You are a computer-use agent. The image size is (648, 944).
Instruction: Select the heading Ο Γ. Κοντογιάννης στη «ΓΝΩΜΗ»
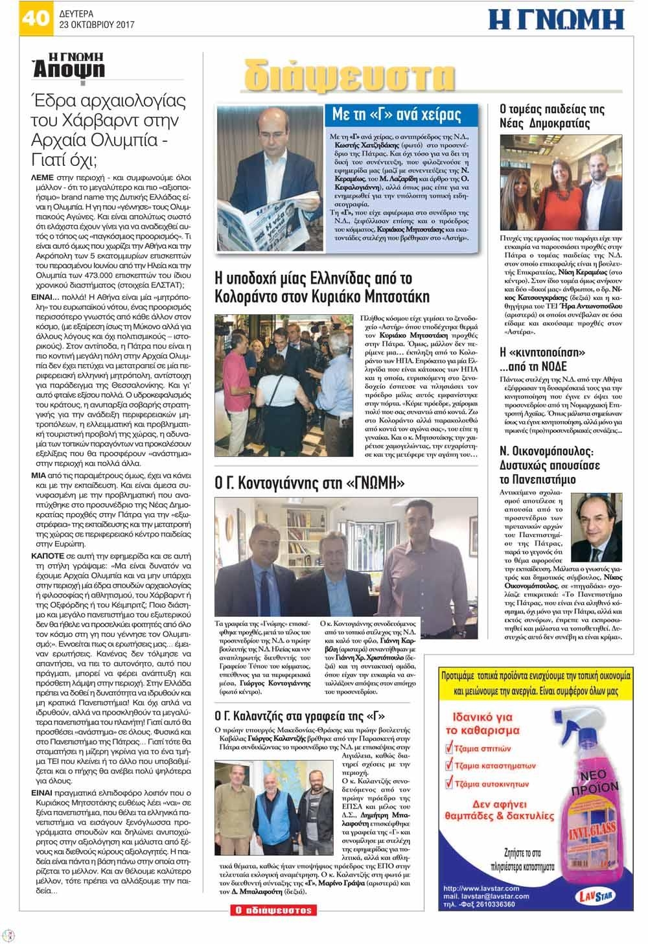[310, 483]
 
